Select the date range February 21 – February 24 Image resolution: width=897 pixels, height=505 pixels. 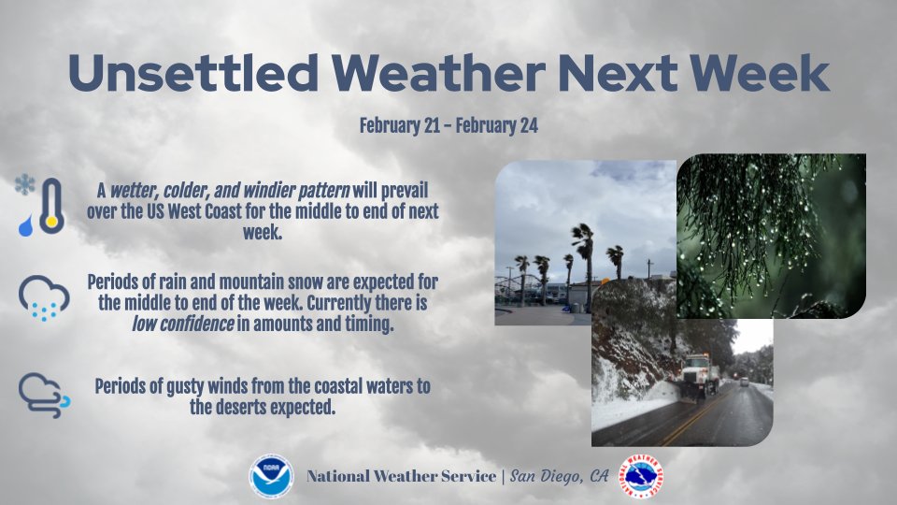(448, 125)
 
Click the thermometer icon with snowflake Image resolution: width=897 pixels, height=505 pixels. (39, 206)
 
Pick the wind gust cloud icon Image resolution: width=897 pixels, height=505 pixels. (43, 395)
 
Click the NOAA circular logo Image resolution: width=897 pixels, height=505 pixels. (271, 476)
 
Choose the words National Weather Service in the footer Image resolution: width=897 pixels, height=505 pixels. (402, 477)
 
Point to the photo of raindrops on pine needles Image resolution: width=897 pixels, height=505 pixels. (770, 234)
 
